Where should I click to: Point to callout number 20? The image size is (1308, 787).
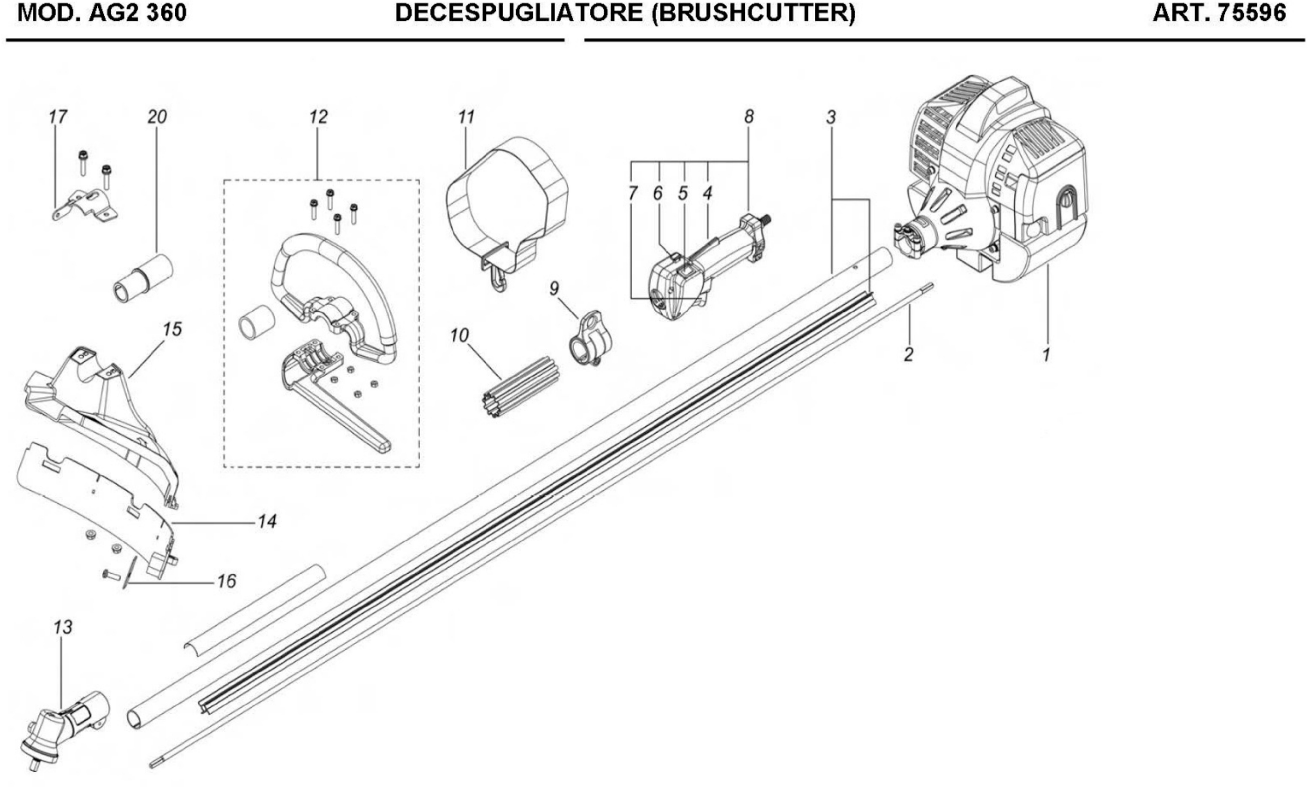pyautogui.click(x=157, y=117)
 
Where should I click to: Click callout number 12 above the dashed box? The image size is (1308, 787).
pyautogui.click(x=318, y=117)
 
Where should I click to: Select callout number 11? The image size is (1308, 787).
pyautogui.click(x=466, y=117)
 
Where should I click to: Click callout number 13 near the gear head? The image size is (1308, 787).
pyautogui.click(x=63, y=627)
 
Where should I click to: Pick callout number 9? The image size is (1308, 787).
pyautogui.click(x=554, y=289)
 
